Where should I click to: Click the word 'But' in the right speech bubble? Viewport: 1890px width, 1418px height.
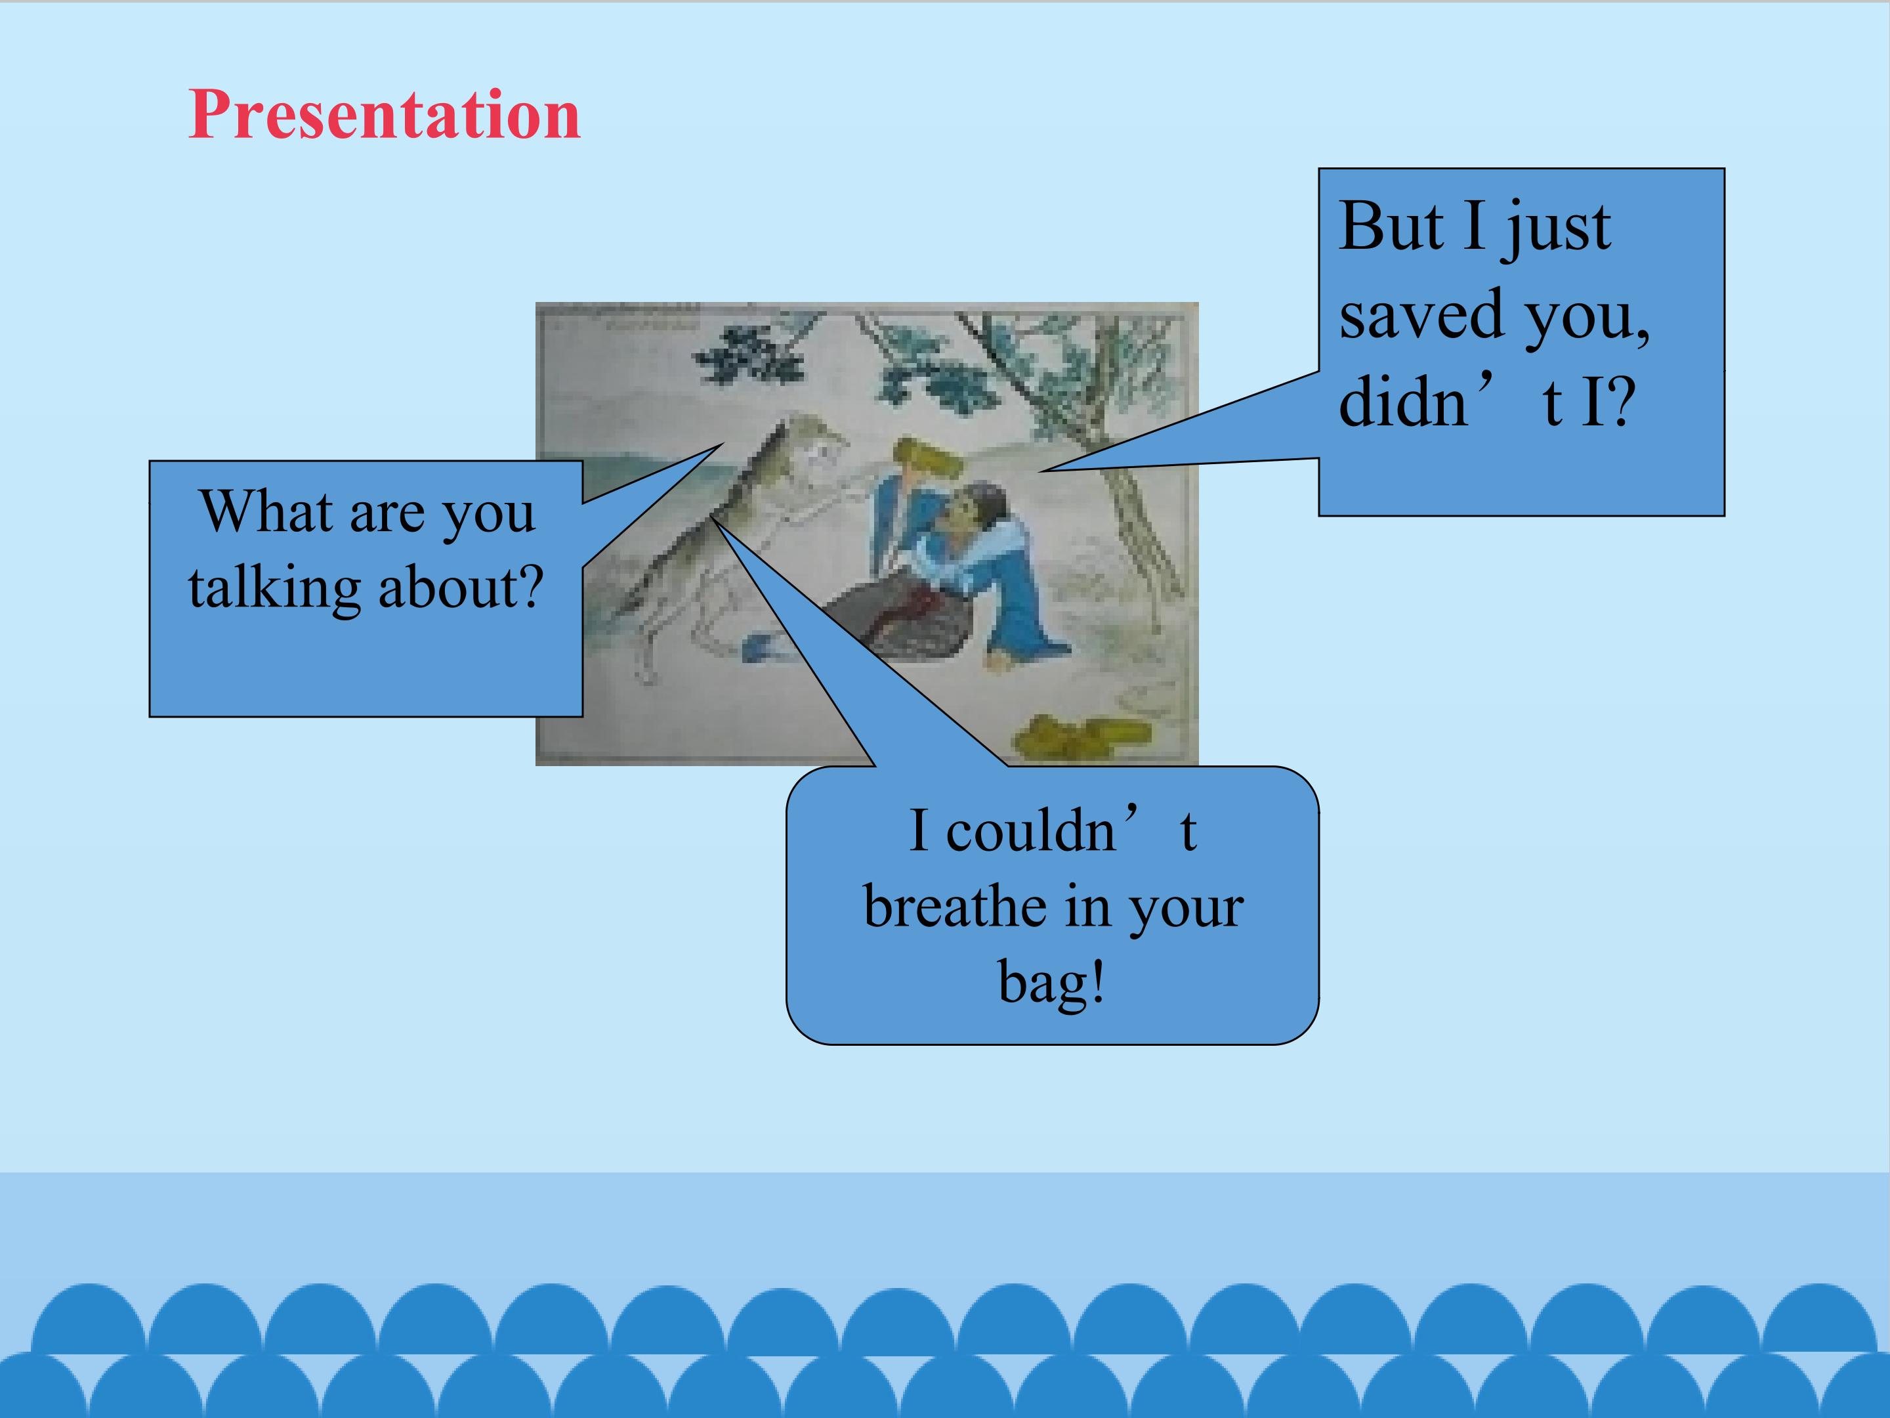[x=1391, y=226]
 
